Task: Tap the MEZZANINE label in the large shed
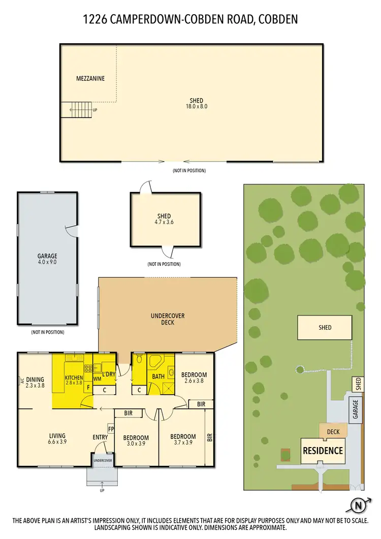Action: click(90, 79)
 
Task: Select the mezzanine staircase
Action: click(78, 109)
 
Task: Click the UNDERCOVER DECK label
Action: click(168, 319)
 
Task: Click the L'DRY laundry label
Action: click(109, 374)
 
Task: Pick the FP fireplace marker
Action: click(110, 428)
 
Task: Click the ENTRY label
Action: click(100, 437)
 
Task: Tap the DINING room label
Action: click(35, 379)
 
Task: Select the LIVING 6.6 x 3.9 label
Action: click(57, 438)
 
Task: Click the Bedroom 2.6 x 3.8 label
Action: click(196, 378)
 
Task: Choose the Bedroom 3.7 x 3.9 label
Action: click(183, 439)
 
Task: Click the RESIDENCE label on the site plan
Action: click(323, 451)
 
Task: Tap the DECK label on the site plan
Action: click(333, 432)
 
